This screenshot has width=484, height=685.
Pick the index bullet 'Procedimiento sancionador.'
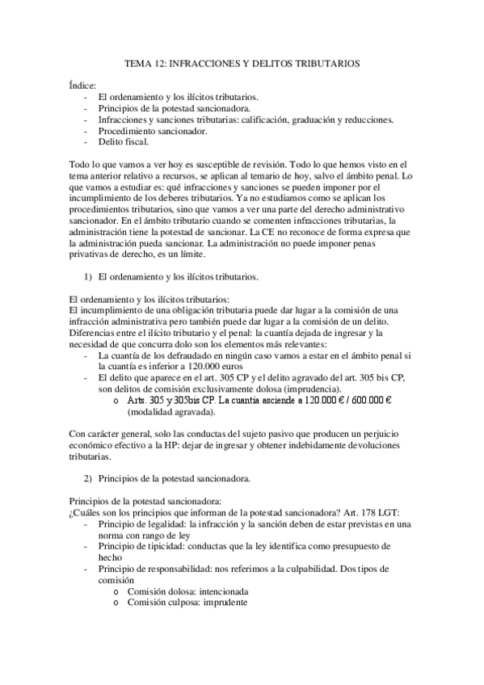pos(152,130)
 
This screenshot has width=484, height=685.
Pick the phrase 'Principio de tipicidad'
pos(139,546)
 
